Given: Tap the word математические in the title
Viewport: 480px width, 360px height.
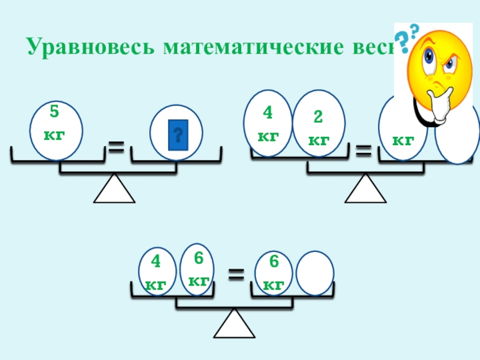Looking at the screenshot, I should point(253,47).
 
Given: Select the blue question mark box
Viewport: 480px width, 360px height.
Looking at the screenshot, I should point(177,135).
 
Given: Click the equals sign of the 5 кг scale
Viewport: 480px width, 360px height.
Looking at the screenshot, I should point(118,146).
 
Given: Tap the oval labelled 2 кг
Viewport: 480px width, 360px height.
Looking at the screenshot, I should point(319,123).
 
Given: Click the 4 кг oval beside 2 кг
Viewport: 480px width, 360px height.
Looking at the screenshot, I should point(268,123).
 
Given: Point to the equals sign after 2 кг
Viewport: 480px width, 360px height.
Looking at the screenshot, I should point(364,151).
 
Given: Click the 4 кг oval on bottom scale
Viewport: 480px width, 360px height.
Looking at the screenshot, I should point(157,272).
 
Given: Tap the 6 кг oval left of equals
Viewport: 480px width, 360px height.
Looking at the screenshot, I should point(198,269).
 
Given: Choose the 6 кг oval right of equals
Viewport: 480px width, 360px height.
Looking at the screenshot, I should point(274,272).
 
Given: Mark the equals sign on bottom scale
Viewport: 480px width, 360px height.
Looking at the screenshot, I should point(236,275).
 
